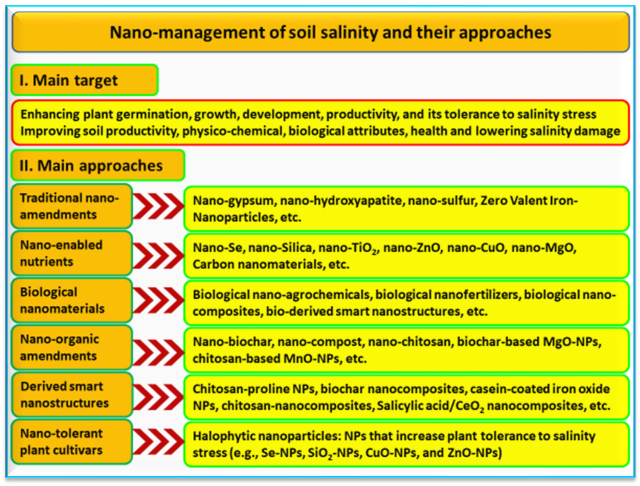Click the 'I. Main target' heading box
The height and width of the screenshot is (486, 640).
coord(84,80)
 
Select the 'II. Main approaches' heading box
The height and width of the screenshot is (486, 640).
coord(98,165)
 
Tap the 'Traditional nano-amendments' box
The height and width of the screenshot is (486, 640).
coord(72,206)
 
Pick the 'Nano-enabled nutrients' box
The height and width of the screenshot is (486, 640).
coord(72,253)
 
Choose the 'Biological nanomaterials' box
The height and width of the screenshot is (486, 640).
coord(72,300)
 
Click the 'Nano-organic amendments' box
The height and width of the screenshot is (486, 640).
coord(72,347)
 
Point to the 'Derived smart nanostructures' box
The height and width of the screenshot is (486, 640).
coord(72,394)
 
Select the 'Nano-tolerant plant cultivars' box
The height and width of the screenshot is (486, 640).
coord(72,442)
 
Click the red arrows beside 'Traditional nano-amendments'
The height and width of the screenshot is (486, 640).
coord(158,206)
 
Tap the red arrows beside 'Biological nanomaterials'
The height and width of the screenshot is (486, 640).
coord(158,300)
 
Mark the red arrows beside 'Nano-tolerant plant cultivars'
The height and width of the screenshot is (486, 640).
coord(158,442)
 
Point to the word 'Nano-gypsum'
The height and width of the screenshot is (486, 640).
coord(235,201)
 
